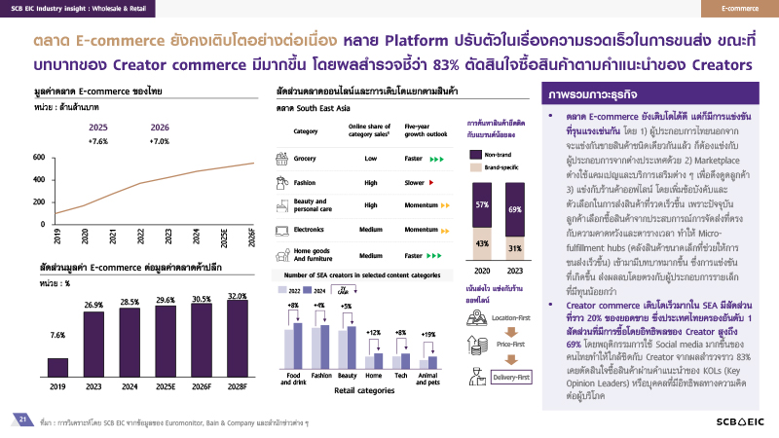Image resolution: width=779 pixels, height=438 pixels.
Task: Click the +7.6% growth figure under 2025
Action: [x=98, y=141]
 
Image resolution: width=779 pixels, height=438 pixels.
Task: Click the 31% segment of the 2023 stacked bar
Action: [x=515, y=249]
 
